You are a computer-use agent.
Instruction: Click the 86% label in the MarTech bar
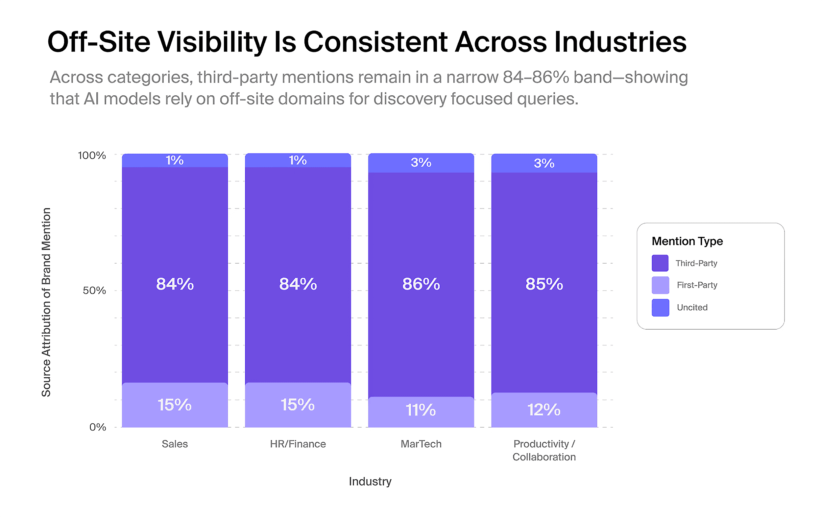[421, 284]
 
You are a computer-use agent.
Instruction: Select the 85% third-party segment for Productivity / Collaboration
[544, 284]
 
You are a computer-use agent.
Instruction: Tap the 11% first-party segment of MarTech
[421, 410]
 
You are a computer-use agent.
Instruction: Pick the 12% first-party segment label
[544, 410]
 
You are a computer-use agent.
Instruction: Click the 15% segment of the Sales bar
[175, 405]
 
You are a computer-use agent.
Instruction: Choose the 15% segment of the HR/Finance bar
[298, 405]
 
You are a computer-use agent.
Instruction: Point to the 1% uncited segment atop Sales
[175, 160]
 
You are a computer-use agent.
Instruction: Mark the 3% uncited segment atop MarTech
[421, 162]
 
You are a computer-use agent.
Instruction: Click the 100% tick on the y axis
[92, 155]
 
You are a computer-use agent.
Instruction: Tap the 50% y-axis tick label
[94, 291]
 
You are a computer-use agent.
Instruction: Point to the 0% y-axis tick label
[98, 427]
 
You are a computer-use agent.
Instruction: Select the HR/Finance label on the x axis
[298, 444]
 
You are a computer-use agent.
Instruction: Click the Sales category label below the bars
[175, 444]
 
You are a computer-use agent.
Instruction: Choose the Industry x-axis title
[370, 482]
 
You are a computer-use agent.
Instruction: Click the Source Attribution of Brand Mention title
[46, 302]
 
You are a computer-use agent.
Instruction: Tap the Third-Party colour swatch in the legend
[660, 263]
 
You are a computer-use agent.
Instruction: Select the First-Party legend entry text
[697, 285]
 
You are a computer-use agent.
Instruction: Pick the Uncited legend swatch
[660, 307]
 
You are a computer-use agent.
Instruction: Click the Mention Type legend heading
[687, 241]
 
